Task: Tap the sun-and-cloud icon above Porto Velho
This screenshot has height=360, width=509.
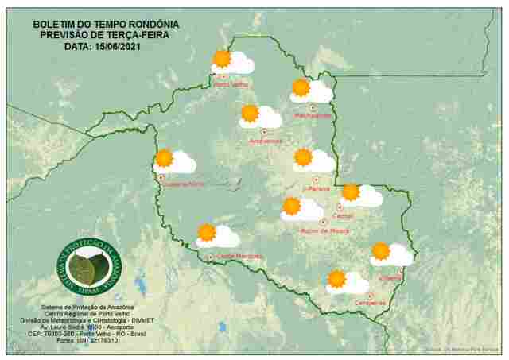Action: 231,61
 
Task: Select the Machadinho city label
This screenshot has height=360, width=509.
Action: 313,116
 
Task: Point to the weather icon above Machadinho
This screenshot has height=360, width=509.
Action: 310,91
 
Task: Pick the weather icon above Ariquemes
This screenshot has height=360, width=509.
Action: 260,116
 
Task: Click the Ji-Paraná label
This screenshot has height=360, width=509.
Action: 317,188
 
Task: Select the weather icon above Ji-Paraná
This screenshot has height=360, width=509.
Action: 313,161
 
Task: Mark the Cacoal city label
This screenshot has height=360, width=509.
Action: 344,215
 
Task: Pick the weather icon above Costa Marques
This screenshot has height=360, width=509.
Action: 217,235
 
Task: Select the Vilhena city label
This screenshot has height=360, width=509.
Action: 391,278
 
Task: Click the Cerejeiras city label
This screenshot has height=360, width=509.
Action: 371,303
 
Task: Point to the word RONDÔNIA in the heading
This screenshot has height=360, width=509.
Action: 152,25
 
